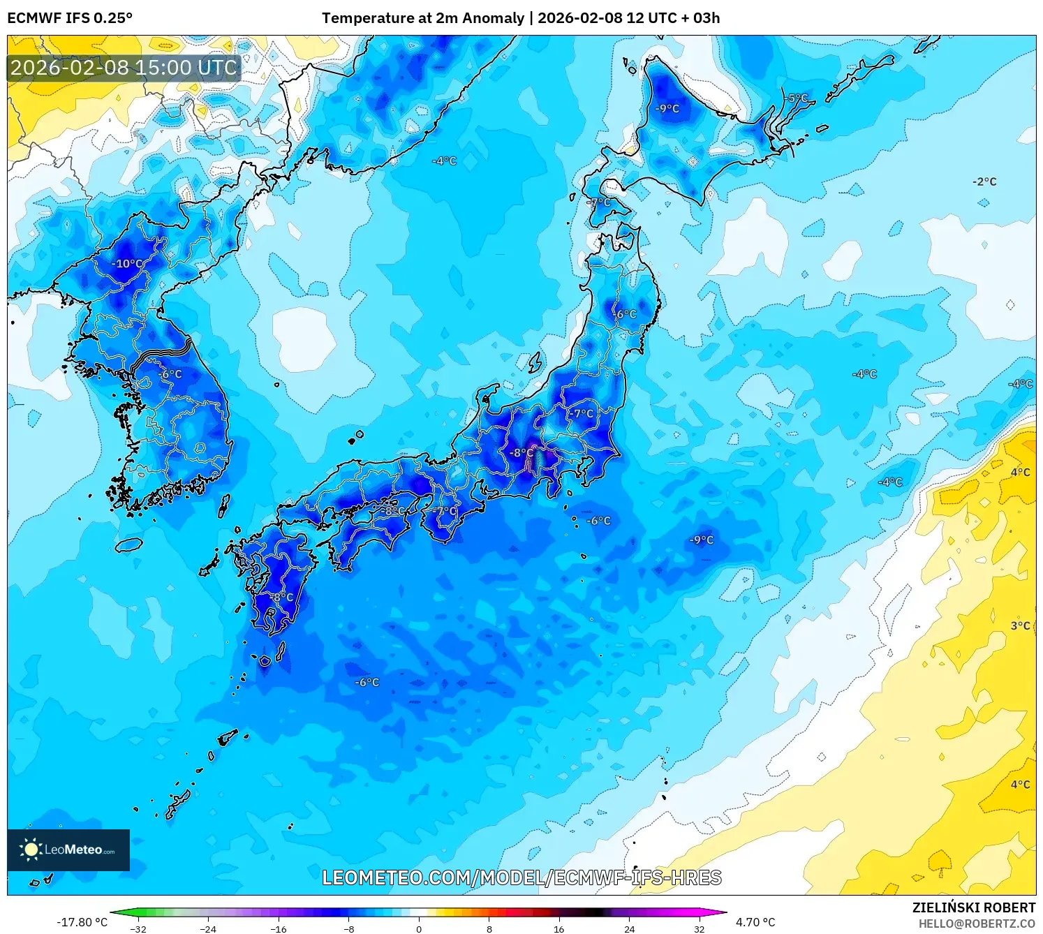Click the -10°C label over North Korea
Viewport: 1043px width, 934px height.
(x=127, y=264)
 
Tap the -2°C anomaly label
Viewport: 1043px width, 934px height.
(x=984, y=181)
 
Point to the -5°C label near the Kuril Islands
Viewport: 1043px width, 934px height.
(x=794, y=98)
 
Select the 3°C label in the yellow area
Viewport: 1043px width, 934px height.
(x=1020, y=625)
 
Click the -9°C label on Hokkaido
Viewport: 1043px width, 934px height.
(x=667, y=108)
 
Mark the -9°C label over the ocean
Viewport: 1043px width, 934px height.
(x=702, y=540)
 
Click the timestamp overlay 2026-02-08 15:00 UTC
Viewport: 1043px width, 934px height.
(x=124, y=68)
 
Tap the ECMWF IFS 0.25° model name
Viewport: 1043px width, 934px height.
(x=70, y=18)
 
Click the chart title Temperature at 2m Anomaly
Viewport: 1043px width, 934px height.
(x=422, y=18)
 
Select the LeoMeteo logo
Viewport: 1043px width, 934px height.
(x=68, y=850)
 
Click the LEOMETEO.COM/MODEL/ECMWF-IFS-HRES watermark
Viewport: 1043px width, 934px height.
(x=521, y=877)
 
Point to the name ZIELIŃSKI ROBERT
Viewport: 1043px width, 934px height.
(x=974, y=907)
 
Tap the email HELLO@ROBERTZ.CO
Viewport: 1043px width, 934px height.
(x=977, y=924)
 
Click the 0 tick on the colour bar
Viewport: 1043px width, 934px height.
(x=419, y=928)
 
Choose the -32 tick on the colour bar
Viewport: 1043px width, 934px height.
(x=138, y=928)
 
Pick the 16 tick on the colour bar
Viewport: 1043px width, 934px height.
(x=559, y=928)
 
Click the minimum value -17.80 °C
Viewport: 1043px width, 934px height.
(x=82, y=922)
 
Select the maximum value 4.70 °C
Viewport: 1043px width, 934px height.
(x=755, y=922)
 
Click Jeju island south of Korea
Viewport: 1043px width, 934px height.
(x=129, y=544)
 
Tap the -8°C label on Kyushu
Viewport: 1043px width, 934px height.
(x=282, y=598)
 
